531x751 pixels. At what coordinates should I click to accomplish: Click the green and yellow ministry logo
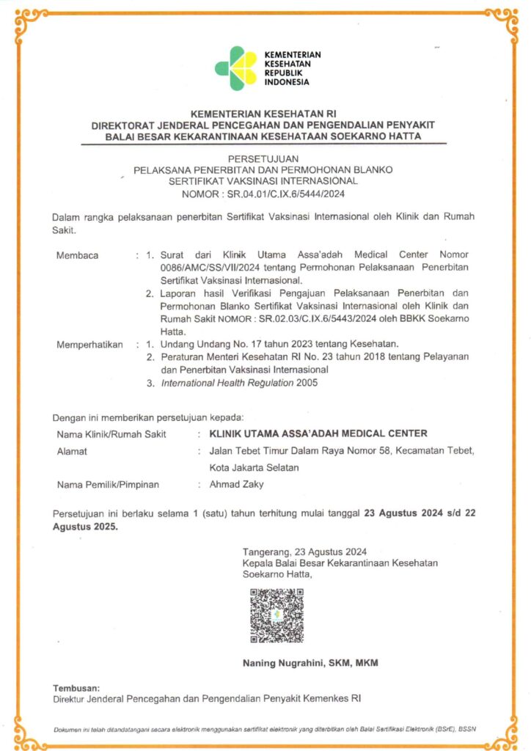pos(235,68)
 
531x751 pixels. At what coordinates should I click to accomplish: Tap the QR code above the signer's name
pos(277,615)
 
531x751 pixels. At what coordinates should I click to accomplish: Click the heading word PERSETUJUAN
pos(263,158)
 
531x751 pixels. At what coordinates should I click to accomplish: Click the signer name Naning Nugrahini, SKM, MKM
pos(310,664)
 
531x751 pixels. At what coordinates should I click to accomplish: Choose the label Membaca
pos(77,256)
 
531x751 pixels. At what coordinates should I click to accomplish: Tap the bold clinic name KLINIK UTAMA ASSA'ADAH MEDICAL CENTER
pos(318,433)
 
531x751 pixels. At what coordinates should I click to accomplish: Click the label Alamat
pos(72,451)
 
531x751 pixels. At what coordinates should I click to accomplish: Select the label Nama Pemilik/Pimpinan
pos(108,484)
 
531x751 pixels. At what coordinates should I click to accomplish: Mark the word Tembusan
pos(76,689)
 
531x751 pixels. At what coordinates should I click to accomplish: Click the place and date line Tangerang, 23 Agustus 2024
pos(305,552)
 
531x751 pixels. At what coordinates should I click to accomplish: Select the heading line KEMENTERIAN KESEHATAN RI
pos(263,114)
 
